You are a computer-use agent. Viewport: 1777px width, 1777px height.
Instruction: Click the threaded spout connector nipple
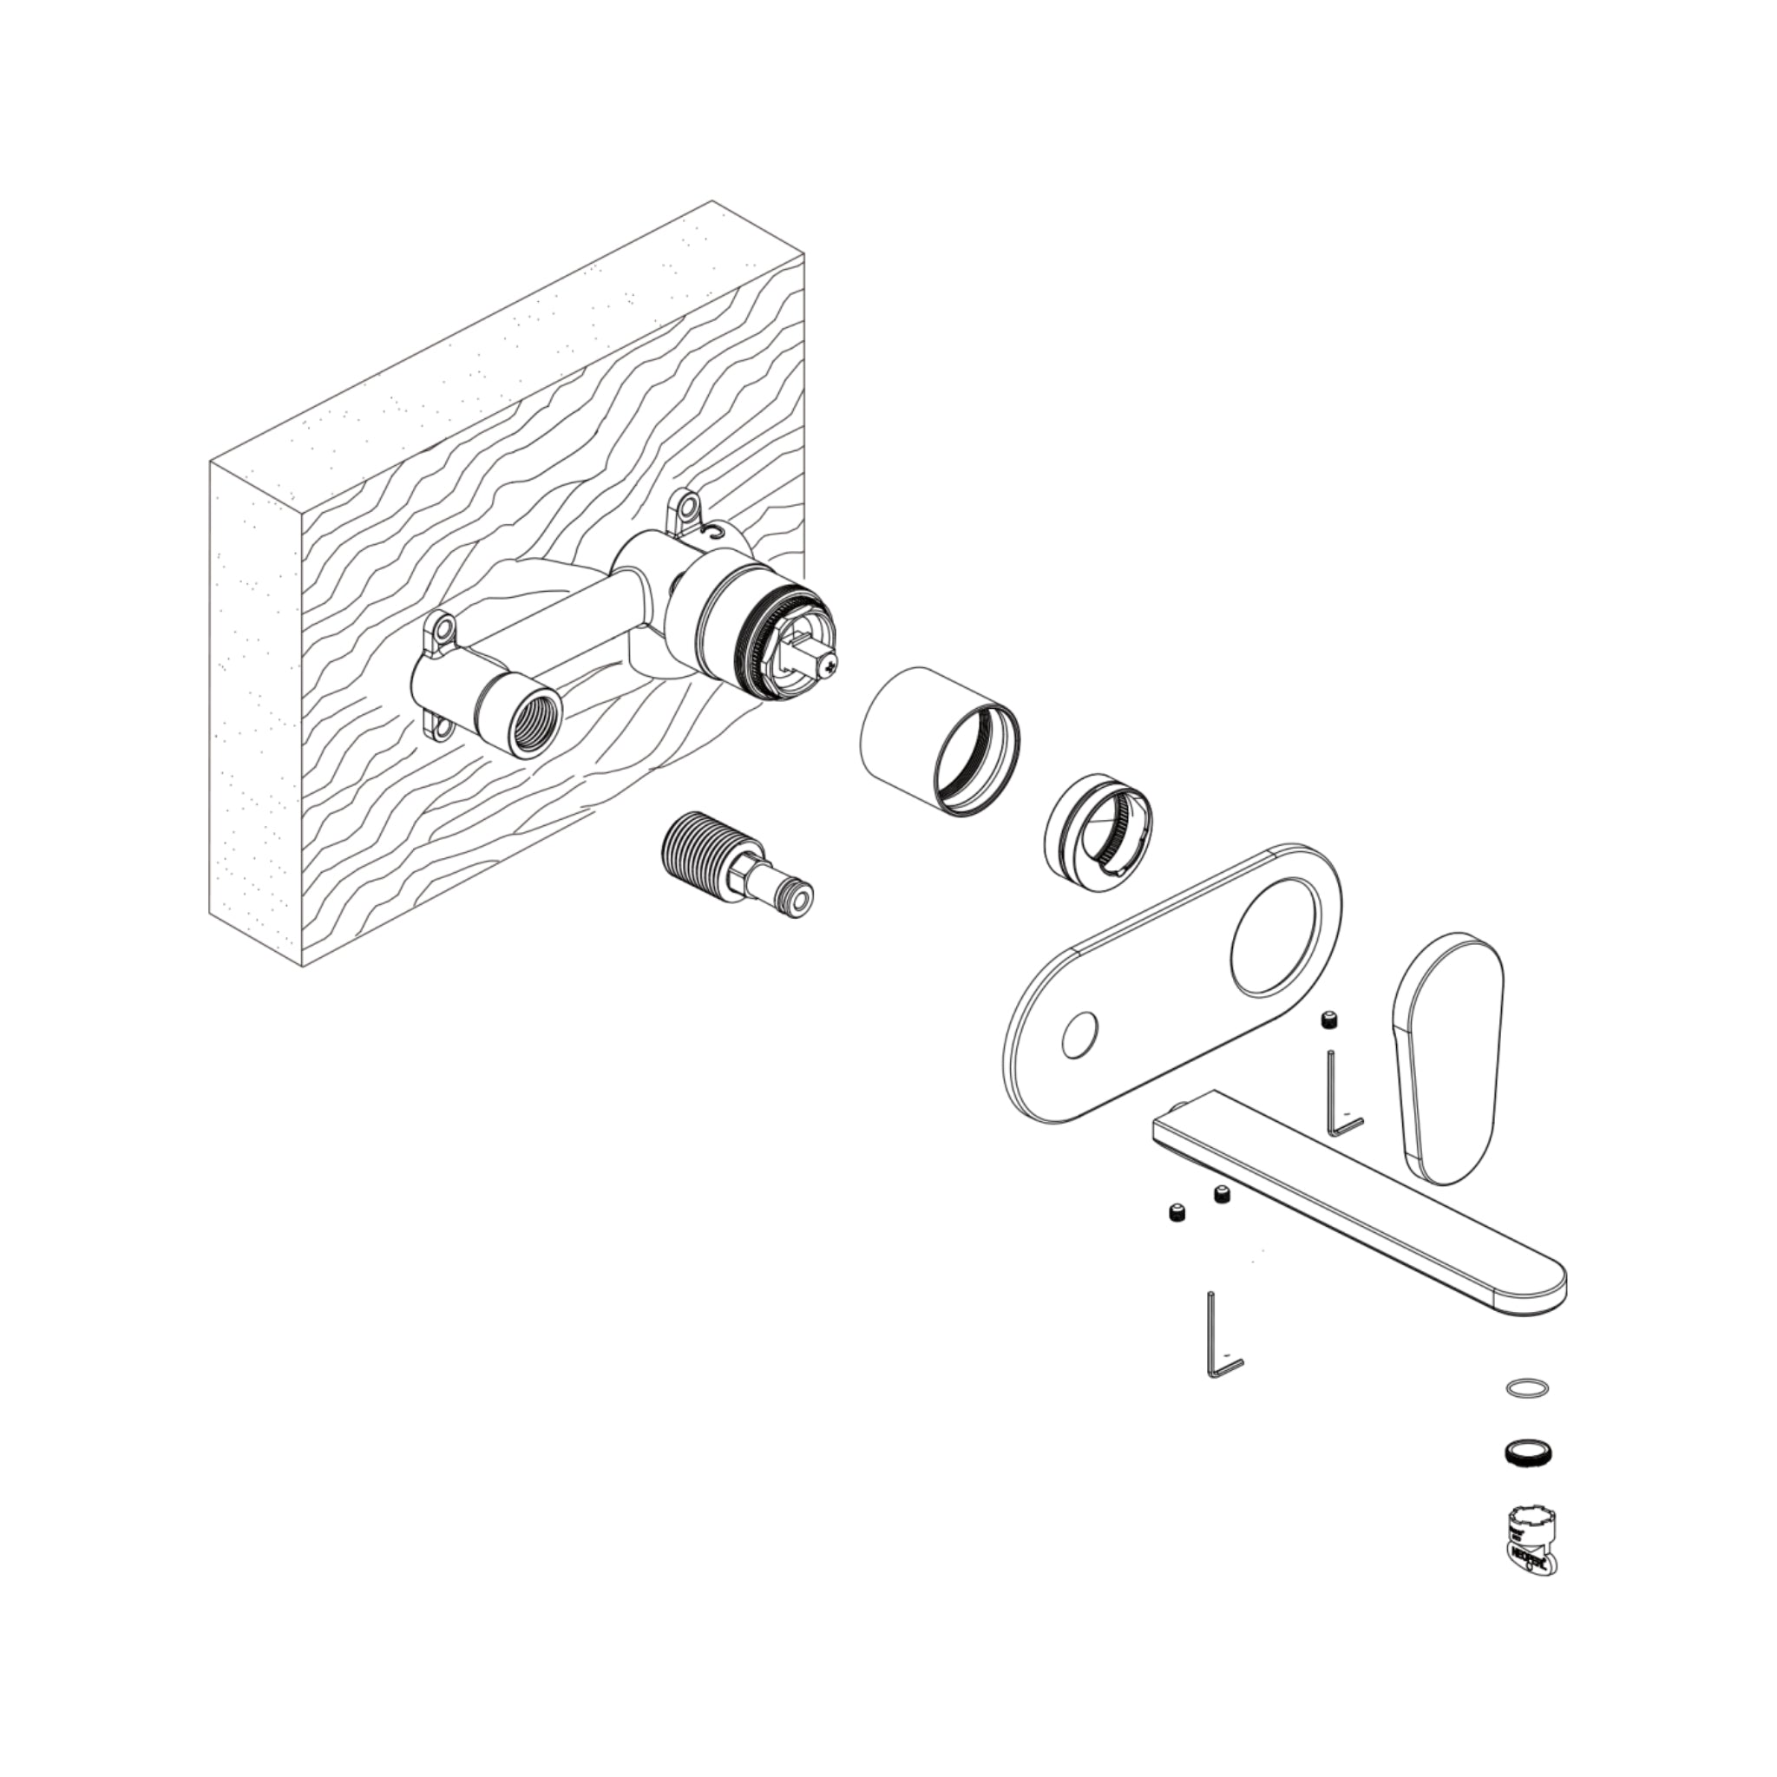click(738, 861)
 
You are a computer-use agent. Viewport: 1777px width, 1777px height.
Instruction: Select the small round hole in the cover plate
click(1079, 1036)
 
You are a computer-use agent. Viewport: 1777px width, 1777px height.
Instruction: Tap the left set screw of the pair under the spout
click(1176, 1214)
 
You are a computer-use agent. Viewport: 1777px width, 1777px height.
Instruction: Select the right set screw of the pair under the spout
click(1223, 1196)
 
